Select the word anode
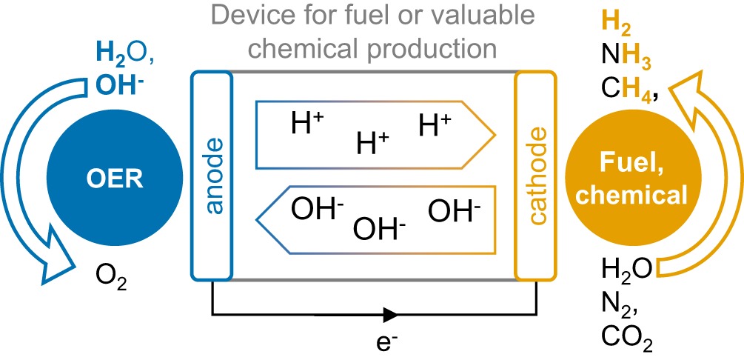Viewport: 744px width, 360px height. click(x=212, y=178)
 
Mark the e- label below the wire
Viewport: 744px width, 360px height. click(x=388, y=341)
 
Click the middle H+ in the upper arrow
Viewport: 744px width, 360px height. click(x=372, y=141)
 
